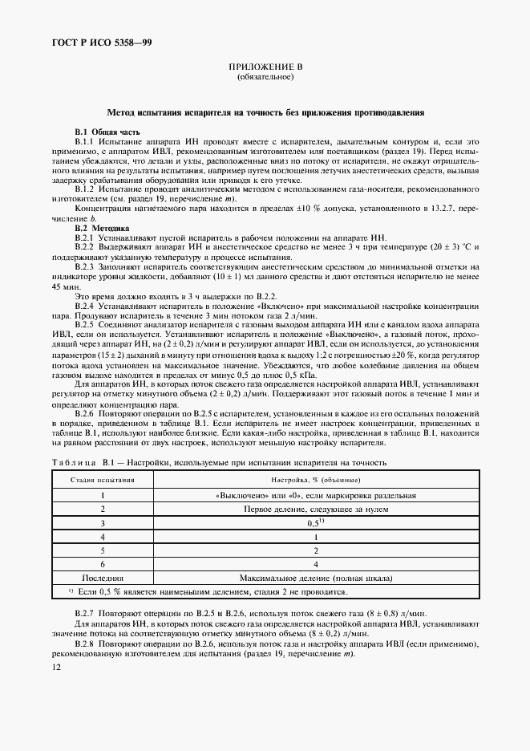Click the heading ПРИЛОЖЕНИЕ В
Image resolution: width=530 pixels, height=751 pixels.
[265, 67]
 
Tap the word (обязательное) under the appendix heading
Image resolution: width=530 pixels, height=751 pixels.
[265, 78]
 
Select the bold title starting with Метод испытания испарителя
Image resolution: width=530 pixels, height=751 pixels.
[265, 113]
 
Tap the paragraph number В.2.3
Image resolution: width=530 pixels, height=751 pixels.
[85, 266]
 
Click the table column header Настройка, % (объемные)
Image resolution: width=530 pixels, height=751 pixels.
[316, 479]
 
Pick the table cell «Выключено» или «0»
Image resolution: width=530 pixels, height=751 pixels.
[316, 496]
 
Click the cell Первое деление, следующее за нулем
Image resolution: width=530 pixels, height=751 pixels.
[316, 509]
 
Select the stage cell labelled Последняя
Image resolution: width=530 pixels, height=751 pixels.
[102, 577]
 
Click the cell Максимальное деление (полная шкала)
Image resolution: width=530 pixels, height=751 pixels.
[316, 577]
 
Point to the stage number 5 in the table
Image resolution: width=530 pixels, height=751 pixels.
[102, 550]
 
